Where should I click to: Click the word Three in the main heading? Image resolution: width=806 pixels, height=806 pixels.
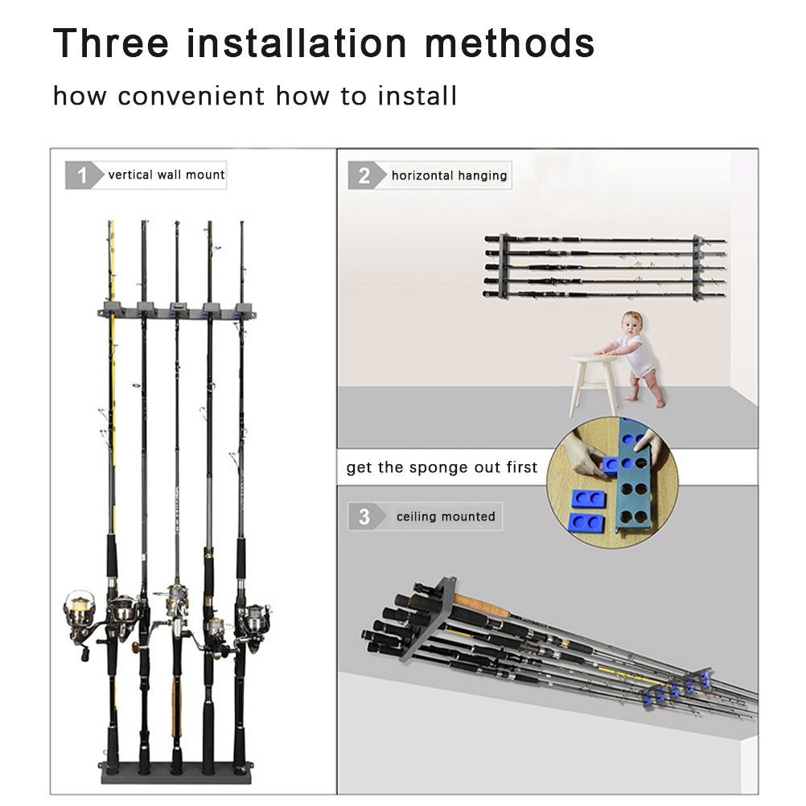tap(111, 43)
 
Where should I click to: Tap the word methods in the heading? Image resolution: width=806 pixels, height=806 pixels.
tap(509, 43)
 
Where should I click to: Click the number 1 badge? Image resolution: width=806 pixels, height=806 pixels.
tap(82, 175)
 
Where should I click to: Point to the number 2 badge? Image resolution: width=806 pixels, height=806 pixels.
tap(364, 175)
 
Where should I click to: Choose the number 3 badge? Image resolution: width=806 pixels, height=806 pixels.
tap(364, 516)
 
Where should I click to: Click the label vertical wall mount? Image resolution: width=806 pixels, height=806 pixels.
tap(167, 175)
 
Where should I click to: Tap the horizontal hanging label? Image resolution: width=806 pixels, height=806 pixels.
tap(450, 175)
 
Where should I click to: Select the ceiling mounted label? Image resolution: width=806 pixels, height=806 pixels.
tap(446, 516)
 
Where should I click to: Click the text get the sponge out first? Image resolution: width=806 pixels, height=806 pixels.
tap(442, 467)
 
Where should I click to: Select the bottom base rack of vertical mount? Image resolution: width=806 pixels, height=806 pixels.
tap(176, 772)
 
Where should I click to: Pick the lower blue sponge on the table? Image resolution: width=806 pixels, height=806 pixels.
tap(586, 522)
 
